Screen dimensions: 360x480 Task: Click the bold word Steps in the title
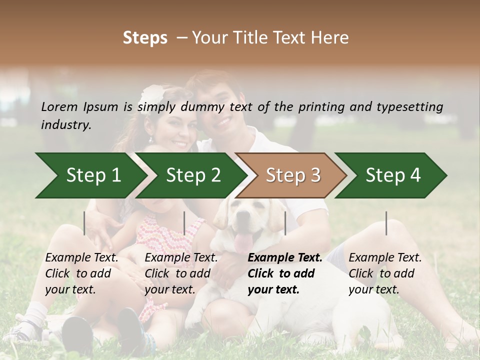tap(145, 38)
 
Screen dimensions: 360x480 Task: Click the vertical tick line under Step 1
tap(84, 223)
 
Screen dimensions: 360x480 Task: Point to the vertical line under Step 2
tap(184, 223)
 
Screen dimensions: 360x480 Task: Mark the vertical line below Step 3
tap(285, 223)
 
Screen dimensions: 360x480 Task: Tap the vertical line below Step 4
tap(386, 223)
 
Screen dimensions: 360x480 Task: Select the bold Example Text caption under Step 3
tap(285, 273)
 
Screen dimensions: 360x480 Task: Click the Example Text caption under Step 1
tap(81, 273)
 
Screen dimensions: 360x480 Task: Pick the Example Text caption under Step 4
tap(385, 273)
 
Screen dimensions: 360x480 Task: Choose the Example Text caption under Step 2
tap(181, 273)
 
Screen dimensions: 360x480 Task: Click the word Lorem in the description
tap(59, 106)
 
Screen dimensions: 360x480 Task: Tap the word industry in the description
tap(65, 125)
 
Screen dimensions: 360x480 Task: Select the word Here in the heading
tap(329, 38)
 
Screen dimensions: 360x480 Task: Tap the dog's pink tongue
tap(244, 242)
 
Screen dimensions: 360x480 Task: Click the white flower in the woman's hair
tap(152, 93)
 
